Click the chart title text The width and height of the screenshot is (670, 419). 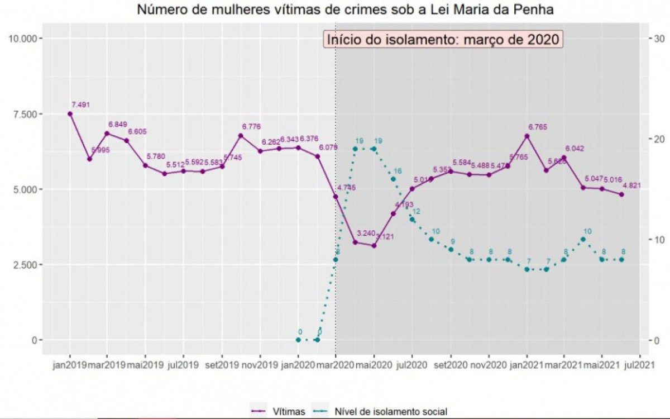click(x=334, y=9)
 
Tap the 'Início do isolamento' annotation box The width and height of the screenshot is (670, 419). click(x=443, y=40)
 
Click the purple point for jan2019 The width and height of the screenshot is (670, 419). click(x=70, y=113)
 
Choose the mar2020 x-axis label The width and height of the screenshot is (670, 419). click(x=336, y=366)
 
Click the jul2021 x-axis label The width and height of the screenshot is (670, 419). click(x=640, y=366)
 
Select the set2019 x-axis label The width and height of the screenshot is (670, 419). click(x=222, y=366)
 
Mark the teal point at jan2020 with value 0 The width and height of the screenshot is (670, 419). click(x=298, y=340)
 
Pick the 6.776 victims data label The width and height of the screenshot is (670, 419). click(x=251, y=127)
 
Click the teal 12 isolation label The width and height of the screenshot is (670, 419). click(x=417, y=211)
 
